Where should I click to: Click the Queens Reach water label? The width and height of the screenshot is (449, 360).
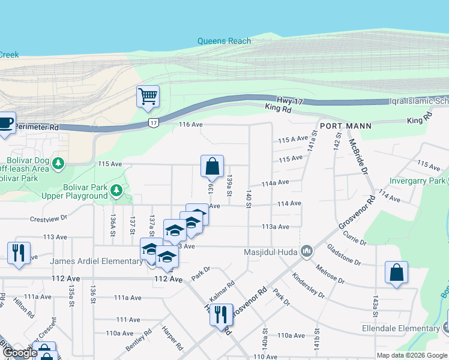point(224,41)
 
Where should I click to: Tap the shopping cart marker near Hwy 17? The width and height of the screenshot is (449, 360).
point(148,96)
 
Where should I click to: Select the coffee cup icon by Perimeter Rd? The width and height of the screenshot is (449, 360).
point(6,123)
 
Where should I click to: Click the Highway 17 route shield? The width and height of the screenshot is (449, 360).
point(154,123)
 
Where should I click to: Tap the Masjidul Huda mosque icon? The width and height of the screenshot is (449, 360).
point(307,250)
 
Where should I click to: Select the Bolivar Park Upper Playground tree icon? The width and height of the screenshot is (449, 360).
point(116,191)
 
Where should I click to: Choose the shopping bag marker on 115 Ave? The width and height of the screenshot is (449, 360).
point(212,166)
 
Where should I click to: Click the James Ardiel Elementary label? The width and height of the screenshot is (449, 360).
point(96,261)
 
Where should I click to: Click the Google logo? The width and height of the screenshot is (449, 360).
point(19,353)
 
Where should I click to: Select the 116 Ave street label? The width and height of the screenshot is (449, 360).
point(191,125)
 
